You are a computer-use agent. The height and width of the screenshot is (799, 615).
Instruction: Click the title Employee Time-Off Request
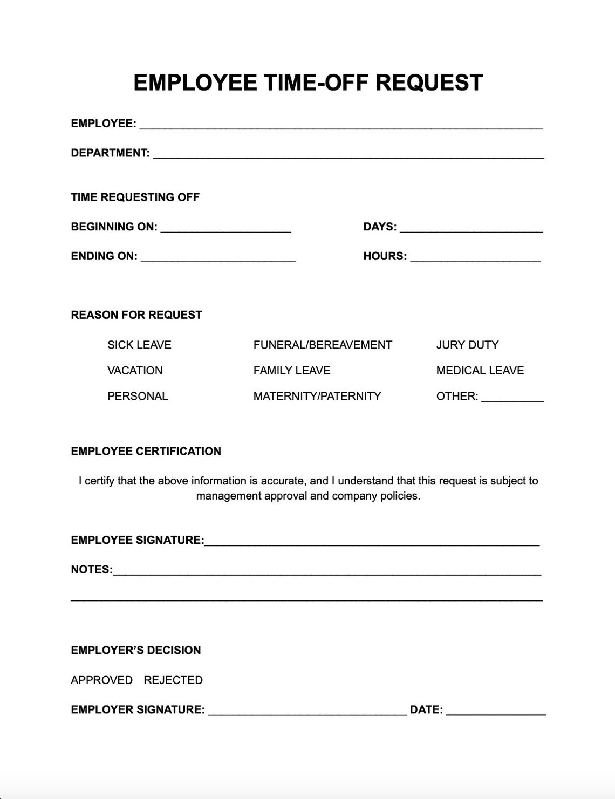tap(307, 83)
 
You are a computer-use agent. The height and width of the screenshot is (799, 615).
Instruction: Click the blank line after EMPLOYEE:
tap(341, 125)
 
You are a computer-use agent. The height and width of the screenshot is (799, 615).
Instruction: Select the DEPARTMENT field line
tap(348, 154)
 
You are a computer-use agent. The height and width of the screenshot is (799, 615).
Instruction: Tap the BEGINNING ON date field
tap(225, 228)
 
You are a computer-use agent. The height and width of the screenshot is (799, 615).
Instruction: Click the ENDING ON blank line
tap(218, 257)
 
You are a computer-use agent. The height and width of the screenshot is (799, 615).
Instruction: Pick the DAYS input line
tap(471, 228)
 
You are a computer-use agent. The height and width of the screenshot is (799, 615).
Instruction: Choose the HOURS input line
tap(475, 257)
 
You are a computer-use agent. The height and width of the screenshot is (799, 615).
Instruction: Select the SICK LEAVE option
tap(139, 345)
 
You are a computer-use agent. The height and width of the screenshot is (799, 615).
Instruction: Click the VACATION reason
tap(135, 371)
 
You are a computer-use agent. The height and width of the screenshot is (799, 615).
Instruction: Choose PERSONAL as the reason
tap(138, 396)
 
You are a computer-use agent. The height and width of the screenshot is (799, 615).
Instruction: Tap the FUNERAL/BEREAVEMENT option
tap(323, 345)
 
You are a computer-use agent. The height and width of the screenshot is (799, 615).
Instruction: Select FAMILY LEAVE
tap(292, 371)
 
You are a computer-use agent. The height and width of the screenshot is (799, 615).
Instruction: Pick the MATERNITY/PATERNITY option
tap(317, 396)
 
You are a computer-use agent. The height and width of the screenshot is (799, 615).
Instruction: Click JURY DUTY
tap(467, 345)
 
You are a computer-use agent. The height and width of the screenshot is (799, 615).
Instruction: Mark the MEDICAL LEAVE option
tap(480, 371)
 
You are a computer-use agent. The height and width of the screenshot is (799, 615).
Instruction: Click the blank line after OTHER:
tap(512, 398)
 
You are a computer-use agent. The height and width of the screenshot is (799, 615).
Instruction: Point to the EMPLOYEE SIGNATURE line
tap(372, 541)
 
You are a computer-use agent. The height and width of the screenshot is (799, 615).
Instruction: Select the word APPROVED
tap(101, 680)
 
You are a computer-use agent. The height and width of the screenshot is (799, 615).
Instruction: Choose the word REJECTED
tap(173, 680)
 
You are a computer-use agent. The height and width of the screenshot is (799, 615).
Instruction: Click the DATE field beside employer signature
tap(496, 711)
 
